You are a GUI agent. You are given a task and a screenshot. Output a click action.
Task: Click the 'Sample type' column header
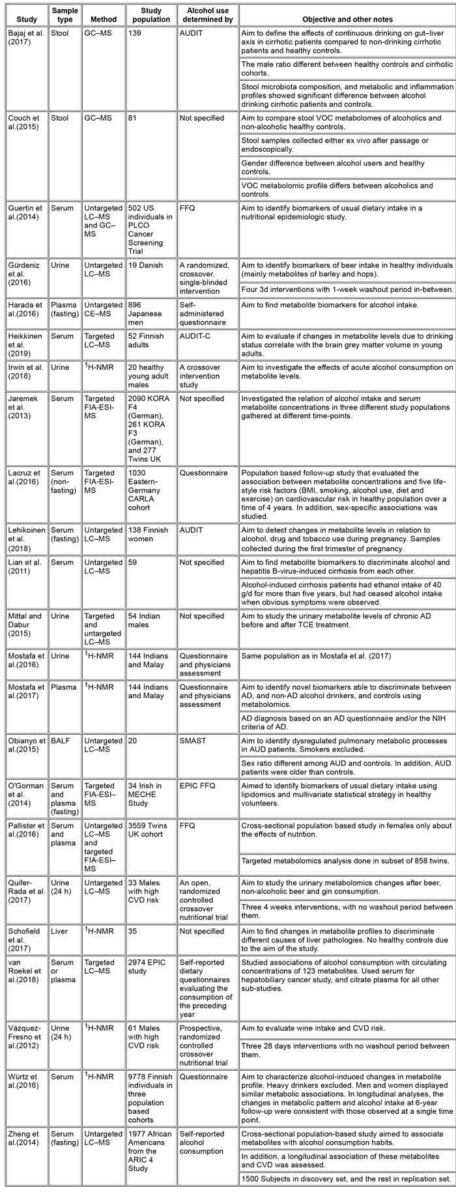(x=64, y=15)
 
